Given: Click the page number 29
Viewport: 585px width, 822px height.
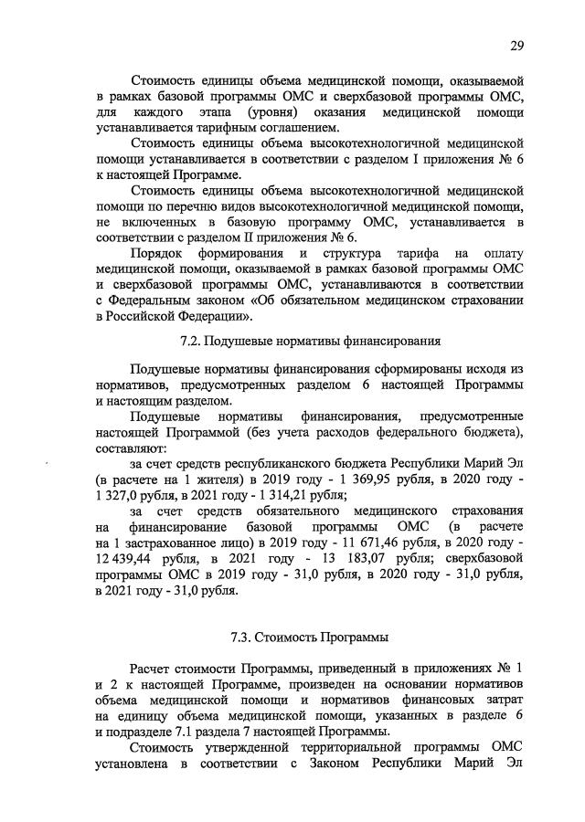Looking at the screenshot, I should (x=516, y=47).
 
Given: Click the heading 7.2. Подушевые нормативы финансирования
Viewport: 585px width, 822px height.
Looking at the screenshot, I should (x=310, y=342).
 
